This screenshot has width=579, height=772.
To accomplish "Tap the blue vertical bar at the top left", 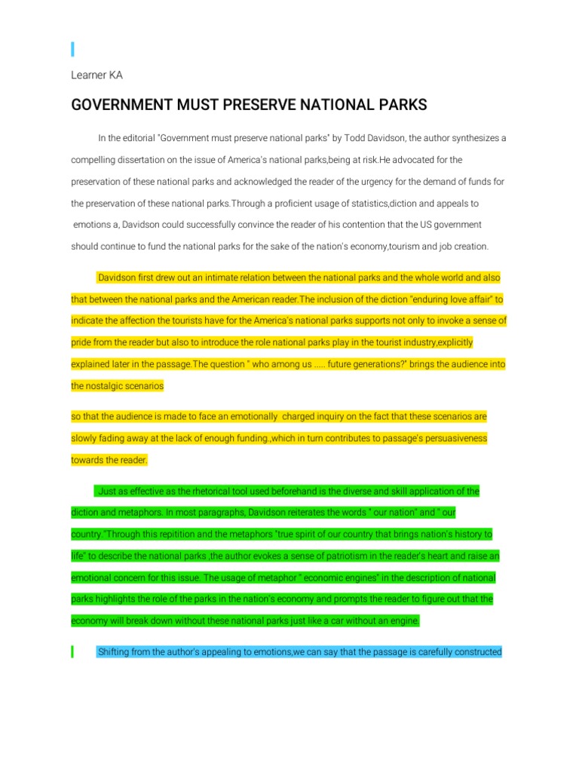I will [x=72, y=50].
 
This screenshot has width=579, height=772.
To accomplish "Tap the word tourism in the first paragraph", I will [x=412, y=247].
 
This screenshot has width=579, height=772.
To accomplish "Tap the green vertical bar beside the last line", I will [x=72, y=652].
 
